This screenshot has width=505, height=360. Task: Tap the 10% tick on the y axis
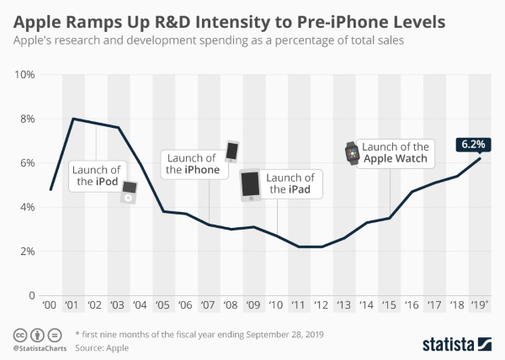coord(24,75)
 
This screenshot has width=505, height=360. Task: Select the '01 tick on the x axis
coord(72,304)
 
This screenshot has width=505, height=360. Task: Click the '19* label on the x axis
coord(481,304)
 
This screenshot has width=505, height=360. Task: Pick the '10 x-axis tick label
coord(277,304)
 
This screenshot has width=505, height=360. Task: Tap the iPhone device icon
coord(232,151)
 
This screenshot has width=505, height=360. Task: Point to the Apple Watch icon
coord(351,153)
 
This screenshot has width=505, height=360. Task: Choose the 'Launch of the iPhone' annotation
coord(192,163)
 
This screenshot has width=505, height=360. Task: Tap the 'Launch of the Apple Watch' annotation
coord(393,151)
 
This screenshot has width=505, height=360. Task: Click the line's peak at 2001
coord(72,119)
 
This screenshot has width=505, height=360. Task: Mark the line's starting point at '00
coord(51,189)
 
